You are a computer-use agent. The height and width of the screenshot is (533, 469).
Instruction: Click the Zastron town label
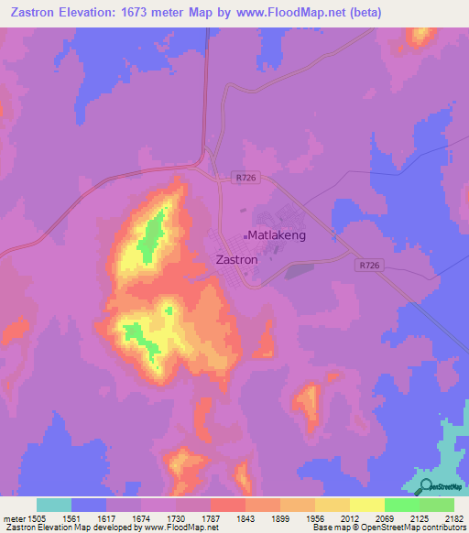(235, 259)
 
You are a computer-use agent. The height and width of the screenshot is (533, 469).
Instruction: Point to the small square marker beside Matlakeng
(245, 236)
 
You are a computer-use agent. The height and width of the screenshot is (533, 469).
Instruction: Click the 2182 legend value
(453, 518)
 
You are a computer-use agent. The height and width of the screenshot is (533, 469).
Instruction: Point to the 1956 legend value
(313, 518)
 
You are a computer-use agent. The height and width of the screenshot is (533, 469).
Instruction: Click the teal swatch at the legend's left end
(53, 505)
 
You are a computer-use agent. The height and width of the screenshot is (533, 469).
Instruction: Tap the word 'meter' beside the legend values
(12, 518)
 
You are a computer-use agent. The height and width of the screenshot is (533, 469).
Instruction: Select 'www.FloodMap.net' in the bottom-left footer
(161, 528)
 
